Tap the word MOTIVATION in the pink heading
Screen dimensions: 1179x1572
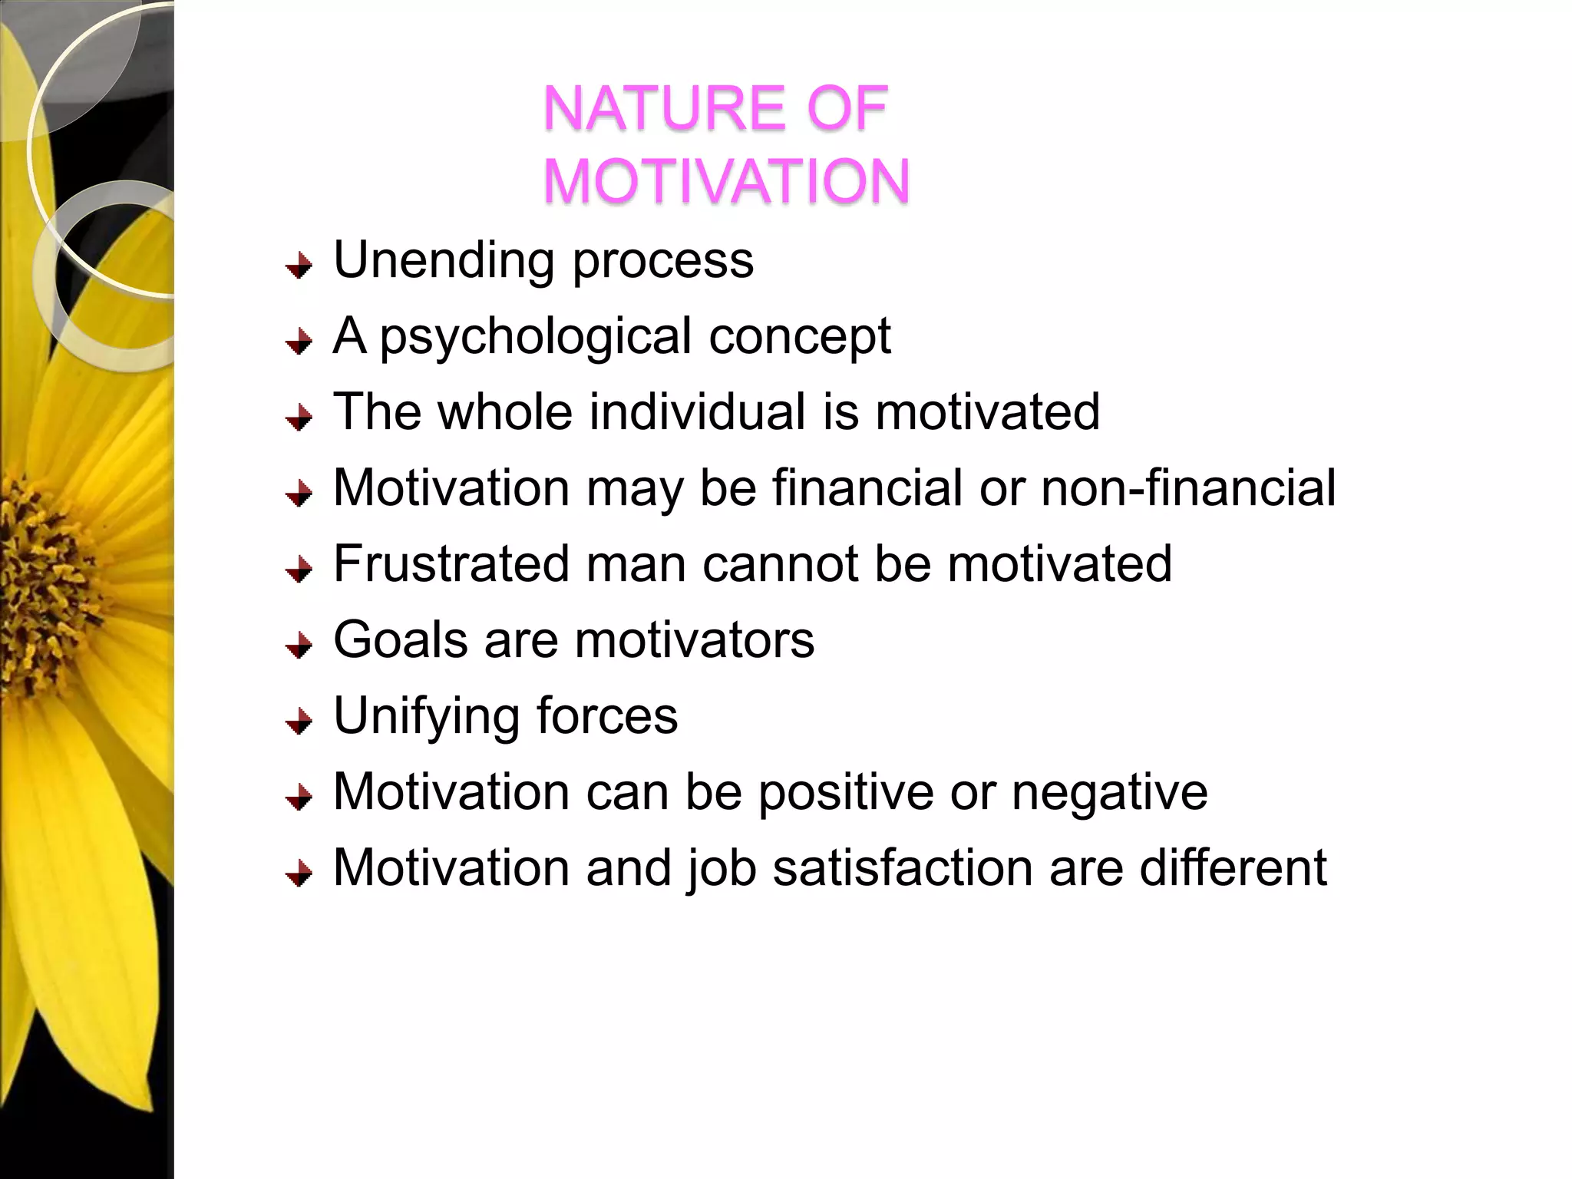pos(726,181)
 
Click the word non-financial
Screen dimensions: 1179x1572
pos(1188,487)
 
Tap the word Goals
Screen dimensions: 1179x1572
pos(400,639)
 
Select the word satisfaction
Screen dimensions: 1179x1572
pos(902,867)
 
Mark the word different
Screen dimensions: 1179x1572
pos(1233,867)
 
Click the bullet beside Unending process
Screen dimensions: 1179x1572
pos(299,266)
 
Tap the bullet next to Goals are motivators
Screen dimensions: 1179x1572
pos(299,646)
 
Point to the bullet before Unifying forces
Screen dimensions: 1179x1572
pos(299,722)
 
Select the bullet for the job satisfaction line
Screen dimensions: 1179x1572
pos(299,874)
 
